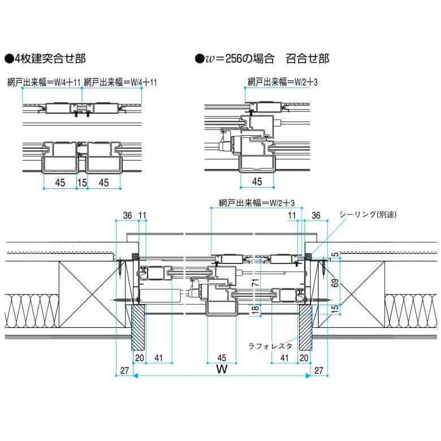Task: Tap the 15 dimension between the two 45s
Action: pyautogui.click(x=82, y=183)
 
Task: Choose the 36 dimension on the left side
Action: pyautogui.click(x=127, y=215)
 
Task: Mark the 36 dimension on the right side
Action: pyautogui.click(x=316, y=215)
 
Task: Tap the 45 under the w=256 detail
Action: pyautogui.click(x=257, y=181)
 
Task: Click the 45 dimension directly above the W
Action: pyautogui.click(x=222, y=357)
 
